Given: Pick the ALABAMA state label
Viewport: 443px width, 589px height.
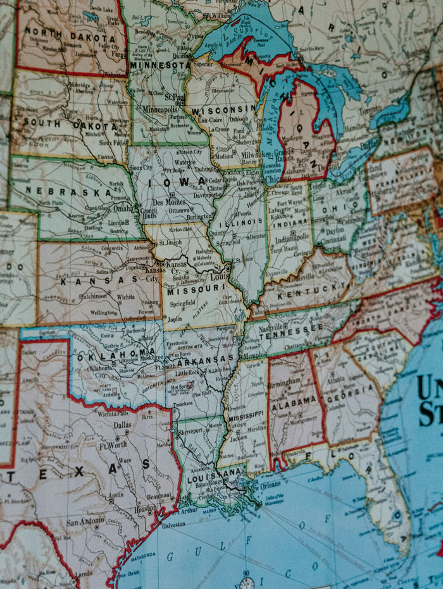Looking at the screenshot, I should click(294, 400).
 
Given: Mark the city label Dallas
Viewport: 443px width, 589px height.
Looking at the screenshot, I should click(123, 425).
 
